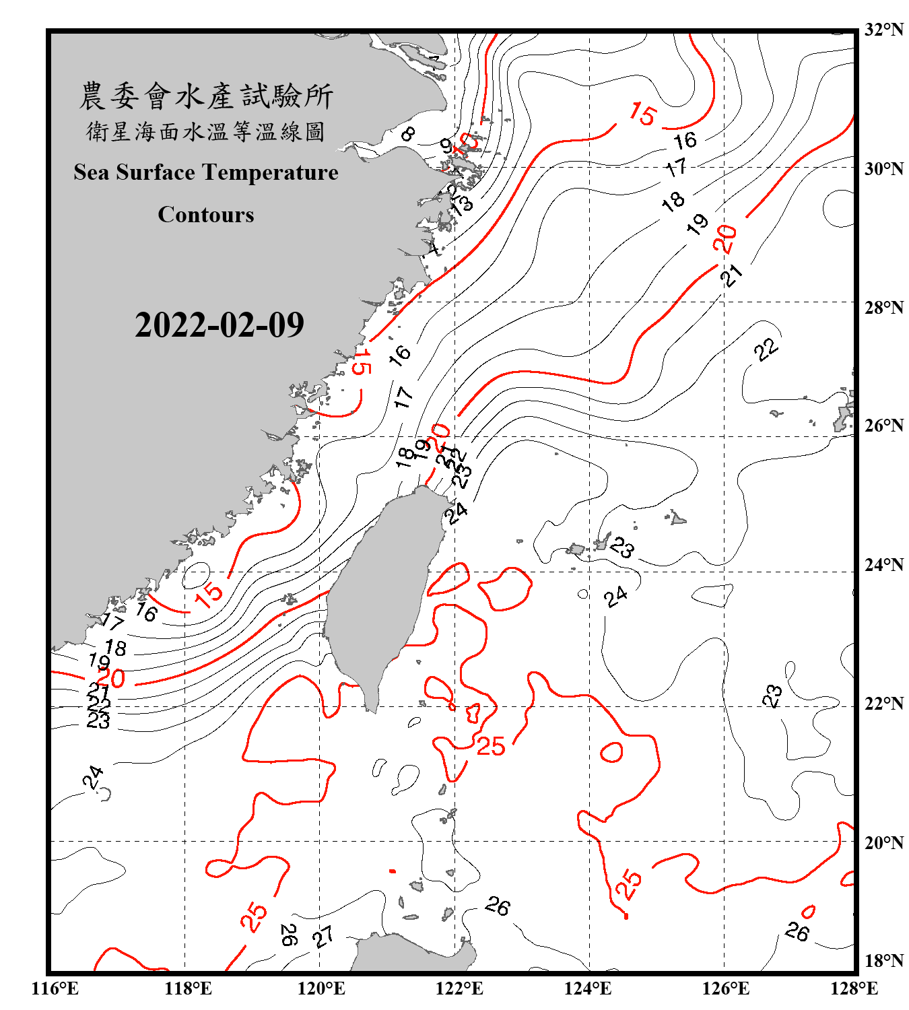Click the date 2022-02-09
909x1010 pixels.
point(220,325)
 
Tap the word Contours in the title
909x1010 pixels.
point(206,215)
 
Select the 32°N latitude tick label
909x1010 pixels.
point(884,29)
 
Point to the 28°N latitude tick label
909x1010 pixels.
point(884,307)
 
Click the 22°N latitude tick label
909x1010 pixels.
point(884,703)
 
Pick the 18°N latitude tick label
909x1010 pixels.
point(884,960)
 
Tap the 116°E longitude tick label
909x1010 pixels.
point(55,988)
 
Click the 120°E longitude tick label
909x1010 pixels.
point(321,988)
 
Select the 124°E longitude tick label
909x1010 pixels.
point(588,988)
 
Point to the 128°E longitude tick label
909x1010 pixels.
point(854,988)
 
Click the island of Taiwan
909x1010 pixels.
point(380,593)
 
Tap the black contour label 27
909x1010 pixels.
point(323,936)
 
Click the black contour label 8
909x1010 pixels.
point(407,134)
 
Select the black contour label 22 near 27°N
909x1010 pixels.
point(766,349)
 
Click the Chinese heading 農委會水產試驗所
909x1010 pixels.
point(206,96)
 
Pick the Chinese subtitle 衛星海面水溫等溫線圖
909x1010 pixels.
point(206,132)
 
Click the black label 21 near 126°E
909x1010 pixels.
point(731,275)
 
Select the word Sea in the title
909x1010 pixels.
point(92,172)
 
